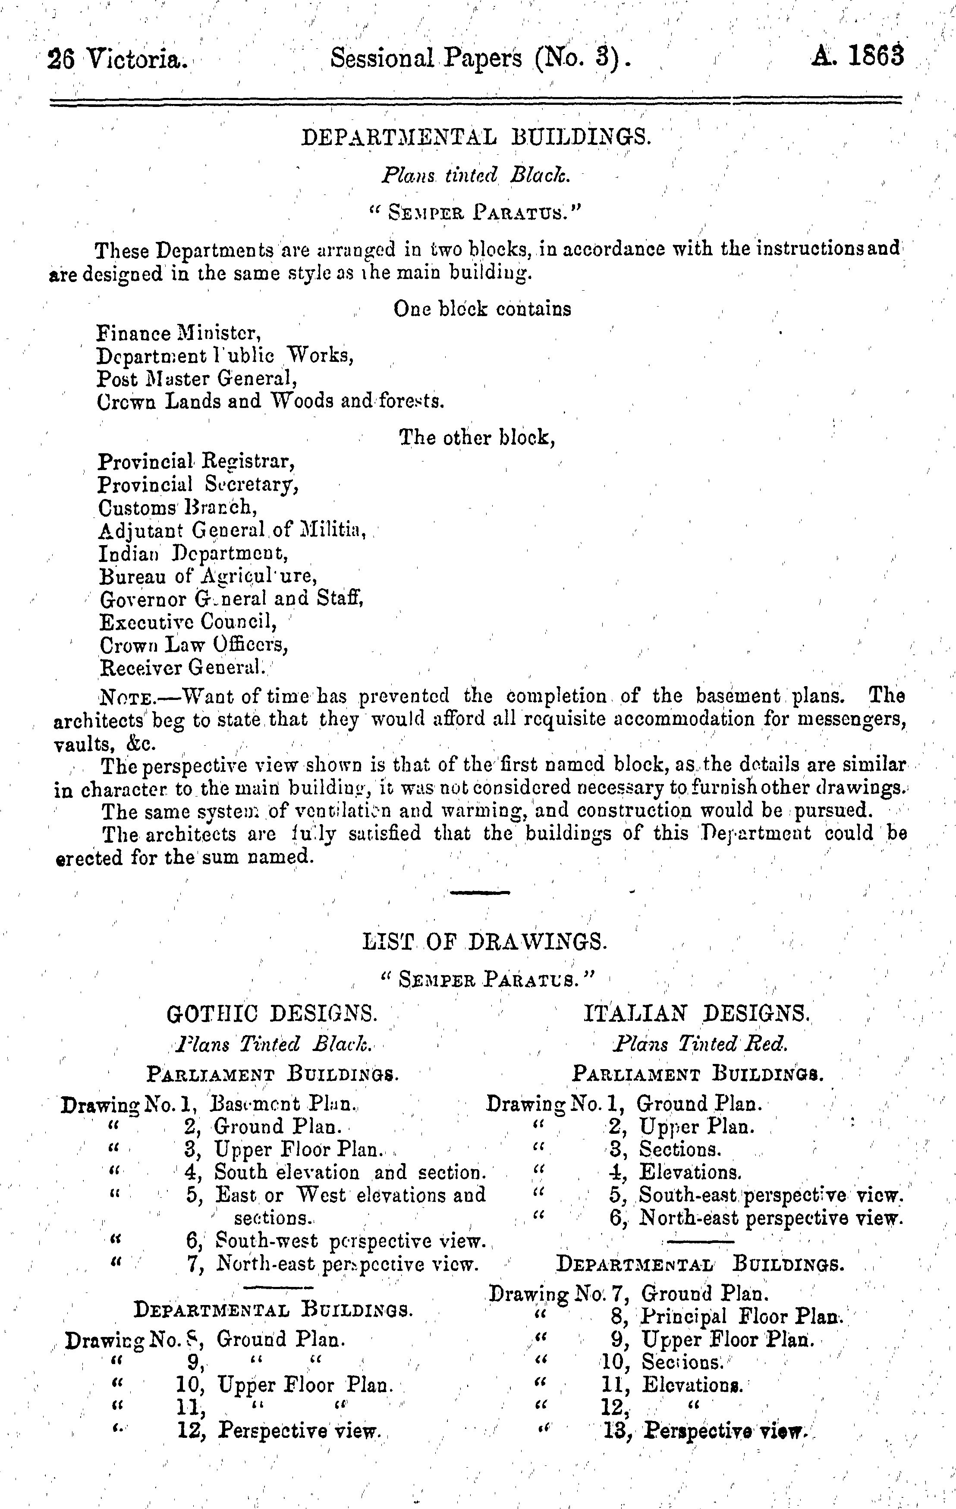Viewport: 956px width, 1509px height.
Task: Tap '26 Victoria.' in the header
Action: point(117,60)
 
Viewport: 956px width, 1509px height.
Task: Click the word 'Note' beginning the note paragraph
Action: point(125,697)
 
